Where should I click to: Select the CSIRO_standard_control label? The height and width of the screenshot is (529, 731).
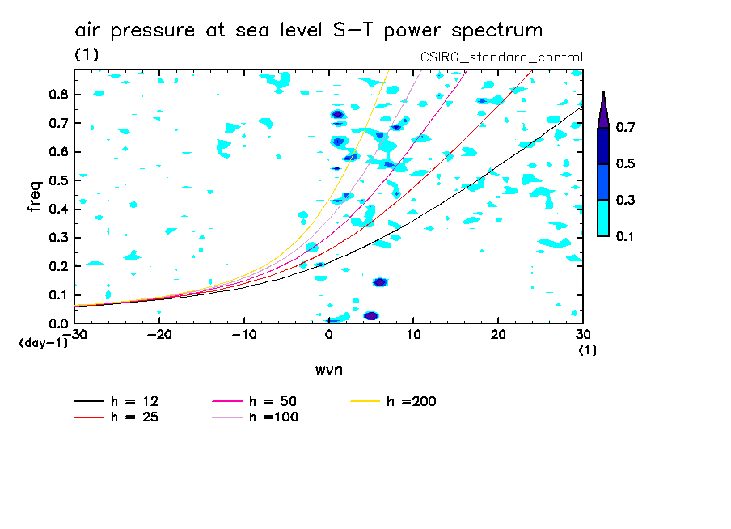tap(501, 57)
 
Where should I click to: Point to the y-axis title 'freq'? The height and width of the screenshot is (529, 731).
tap(34, 197)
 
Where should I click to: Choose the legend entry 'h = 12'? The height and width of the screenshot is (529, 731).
tap(134, 401)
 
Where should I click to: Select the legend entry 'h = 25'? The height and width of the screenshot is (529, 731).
tap(134, 417)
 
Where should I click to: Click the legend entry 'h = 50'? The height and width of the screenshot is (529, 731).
tap(272, 401)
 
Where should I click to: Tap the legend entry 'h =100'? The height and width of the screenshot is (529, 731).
tap(273, 417)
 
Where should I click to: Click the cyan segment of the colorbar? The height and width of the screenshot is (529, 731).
tap(603, 218)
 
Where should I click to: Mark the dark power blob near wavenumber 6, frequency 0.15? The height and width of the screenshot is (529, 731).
tap(379, 282)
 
